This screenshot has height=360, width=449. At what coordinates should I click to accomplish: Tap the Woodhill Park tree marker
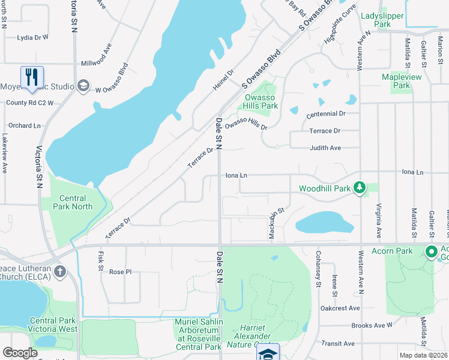click(x=360, y=188)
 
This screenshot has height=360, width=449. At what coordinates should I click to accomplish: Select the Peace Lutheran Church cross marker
click(x=59, y=272)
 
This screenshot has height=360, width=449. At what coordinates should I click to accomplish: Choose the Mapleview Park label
click(x=402, y=81)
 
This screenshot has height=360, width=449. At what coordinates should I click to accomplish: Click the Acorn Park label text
click(x=396, y=251)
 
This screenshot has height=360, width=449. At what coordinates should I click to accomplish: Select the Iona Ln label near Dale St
click(x=236, y=176)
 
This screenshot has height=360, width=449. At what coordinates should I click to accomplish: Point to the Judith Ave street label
click(x=325, y=148)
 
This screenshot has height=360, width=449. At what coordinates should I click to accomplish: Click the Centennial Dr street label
click(x=326, y=113)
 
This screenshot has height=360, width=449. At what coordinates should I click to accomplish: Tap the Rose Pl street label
click(x=120, y=272)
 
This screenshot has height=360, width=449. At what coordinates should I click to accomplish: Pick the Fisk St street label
click(x=100, y=260)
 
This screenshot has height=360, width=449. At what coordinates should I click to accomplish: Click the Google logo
click(x=20, y=353)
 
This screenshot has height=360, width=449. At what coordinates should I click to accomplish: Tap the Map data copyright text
click(x=423, y=355)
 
